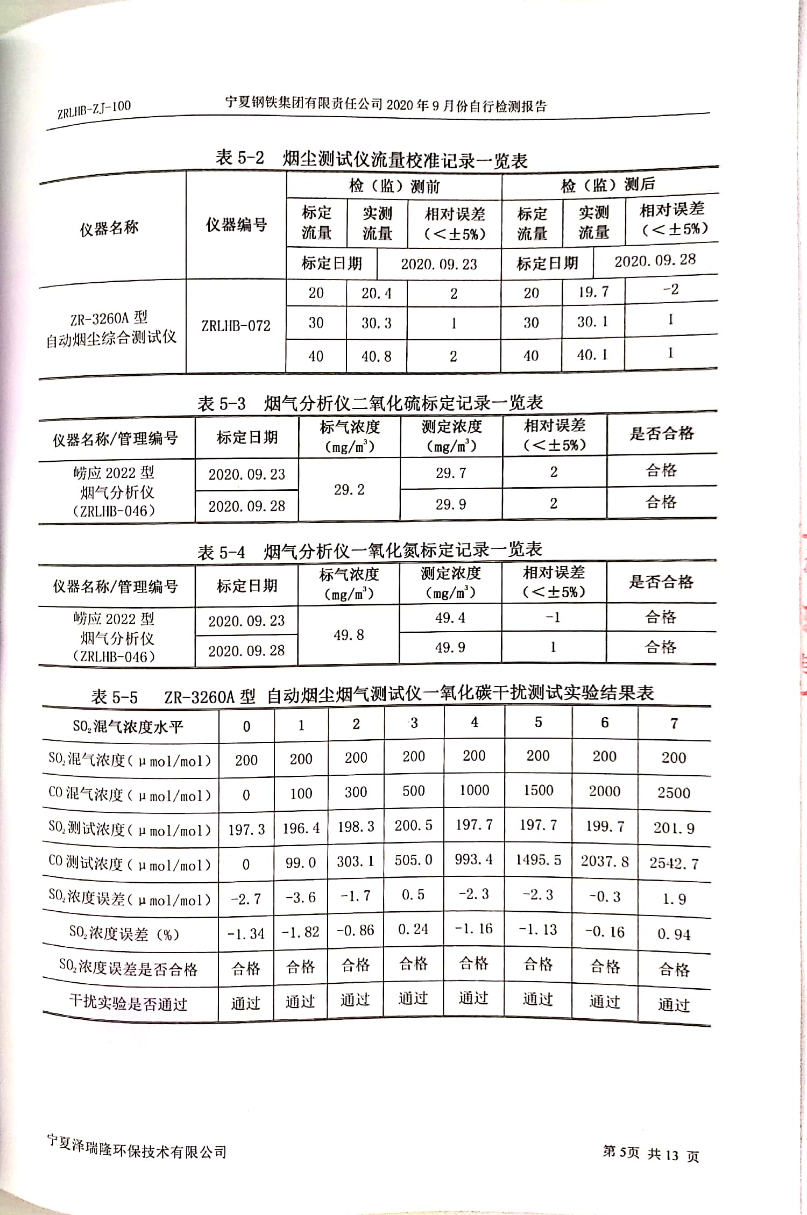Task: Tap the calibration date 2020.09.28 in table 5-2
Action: tap(655, 261)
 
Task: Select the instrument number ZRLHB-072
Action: tap(236, 326)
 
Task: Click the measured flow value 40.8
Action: tap(376, 356)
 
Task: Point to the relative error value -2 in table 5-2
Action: tap(670, 289)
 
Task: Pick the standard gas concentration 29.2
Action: tap(349, 490)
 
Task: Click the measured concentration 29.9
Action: tap(451, 504)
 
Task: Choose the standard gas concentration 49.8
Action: tap(349, 635)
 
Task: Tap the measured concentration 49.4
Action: tap(450, 618)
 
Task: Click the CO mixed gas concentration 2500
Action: tap(674, 793)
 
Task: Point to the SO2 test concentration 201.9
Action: tap(674, 828)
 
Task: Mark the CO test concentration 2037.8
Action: tap(605, 862)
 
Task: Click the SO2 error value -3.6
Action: tap(300, 897)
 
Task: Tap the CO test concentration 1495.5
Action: tap(538, 860)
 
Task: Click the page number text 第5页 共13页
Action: tap(650, 1154)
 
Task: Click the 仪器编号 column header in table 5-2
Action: tap(236, 225)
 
